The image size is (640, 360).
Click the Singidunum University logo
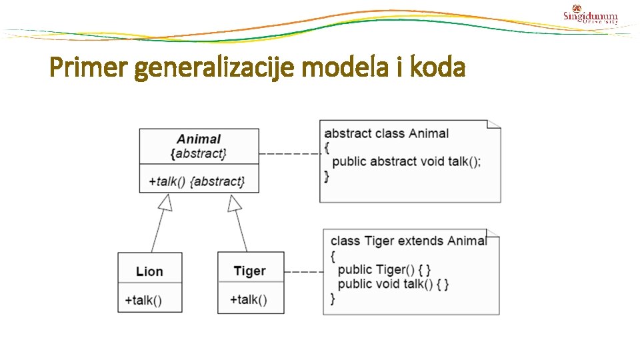591,15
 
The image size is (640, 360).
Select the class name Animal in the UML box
199,139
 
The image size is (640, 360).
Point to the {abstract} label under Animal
199,153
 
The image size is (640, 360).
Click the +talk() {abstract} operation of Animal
197,181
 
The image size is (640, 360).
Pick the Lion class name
149,271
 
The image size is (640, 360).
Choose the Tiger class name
250,271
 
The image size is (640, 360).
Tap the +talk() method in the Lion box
143,300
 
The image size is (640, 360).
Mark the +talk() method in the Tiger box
248,300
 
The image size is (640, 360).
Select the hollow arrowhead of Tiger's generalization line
234,203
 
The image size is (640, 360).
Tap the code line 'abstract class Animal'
387,133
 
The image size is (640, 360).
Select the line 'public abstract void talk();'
406,161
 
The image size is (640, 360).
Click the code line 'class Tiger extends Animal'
409,241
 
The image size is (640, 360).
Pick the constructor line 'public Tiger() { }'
385,269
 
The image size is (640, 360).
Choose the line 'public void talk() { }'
393,284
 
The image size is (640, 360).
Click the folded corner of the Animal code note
494,124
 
